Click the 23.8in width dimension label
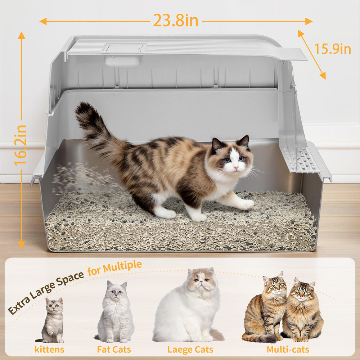(176, 21)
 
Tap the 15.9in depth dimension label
(333, 49)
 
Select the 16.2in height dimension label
(21, 145)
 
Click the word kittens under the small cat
(49, 349)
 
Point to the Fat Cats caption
(114, 349)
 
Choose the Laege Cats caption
(190, 349)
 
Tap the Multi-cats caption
(288, 349)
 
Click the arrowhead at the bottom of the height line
(22, 244)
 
